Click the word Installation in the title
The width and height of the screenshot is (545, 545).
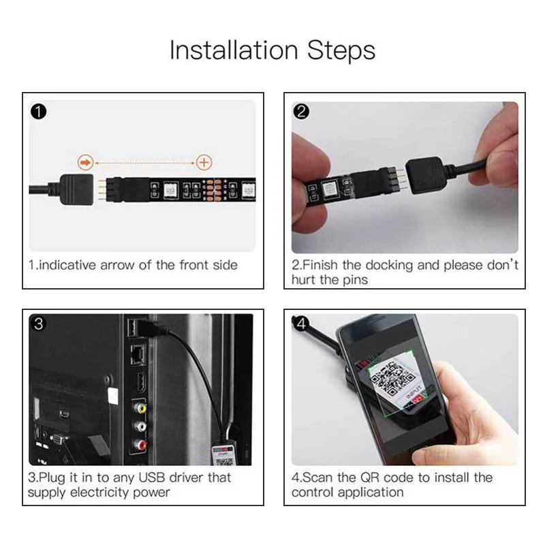tap(234, 50)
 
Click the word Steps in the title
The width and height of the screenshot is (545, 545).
tap(341, 50)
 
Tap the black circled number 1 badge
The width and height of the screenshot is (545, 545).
tap(39, 112)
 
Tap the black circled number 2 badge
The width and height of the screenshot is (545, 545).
tap(301, 112)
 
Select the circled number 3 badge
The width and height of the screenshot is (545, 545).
tap(39, 324)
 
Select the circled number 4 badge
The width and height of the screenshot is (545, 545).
tap(300, 324)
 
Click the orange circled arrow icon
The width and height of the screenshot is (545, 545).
tap(86, 162)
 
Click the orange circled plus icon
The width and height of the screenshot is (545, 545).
tap(204, 162)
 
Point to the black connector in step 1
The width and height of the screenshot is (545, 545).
tap(77, 189)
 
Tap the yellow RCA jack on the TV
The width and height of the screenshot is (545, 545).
tap(140, 407)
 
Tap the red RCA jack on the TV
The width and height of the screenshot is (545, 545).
tap(140, 444)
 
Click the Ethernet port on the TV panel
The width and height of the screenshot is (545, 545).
tap(138, 354)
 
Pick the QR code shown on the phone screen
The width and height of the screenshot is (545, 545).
tap(392, 379)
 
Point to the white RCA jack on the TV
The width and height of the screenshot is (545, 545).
tap(140, 426)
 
